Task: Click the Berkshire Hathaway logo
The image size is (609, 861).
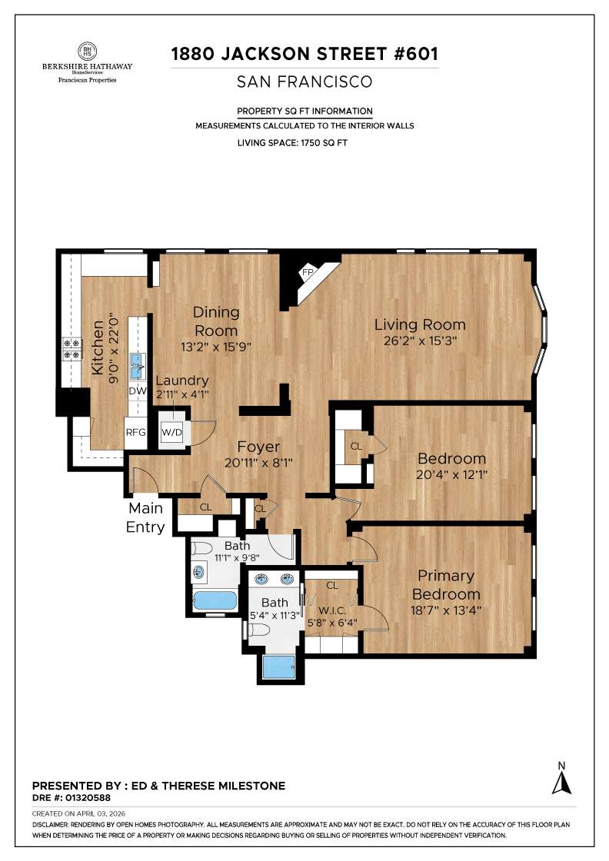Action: (x=86, y=64)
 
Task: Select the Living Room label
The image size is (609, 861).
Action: (x=420, y=324)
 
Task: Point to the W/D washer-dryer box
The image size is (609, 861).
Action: (x=171, y=432)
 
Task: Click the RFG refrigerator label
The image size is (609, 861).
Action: (x=136, y=432)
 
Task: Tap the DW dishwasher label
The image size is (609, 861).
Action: (x=137, y=391)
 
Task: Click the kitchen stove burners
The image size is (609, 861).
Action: (x=72, y=349)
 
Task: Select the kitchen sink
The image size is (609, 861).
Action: (x=138, y=366)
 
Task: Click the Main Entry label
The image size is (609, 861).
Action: (x=146, y=517)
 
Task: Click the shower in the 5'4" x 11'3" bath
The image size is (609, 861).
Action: (x=278, y=667)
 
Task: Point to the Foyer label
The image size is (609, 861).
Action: (x=258, y=447)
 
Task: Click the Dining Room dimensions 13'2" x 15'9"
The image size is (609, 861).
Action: (x=216, y=346)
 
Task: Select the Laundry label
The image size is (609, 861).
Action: (x=182, y=381)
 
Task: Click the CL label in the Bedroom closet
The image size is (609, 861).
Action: (x=356, y=446)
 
